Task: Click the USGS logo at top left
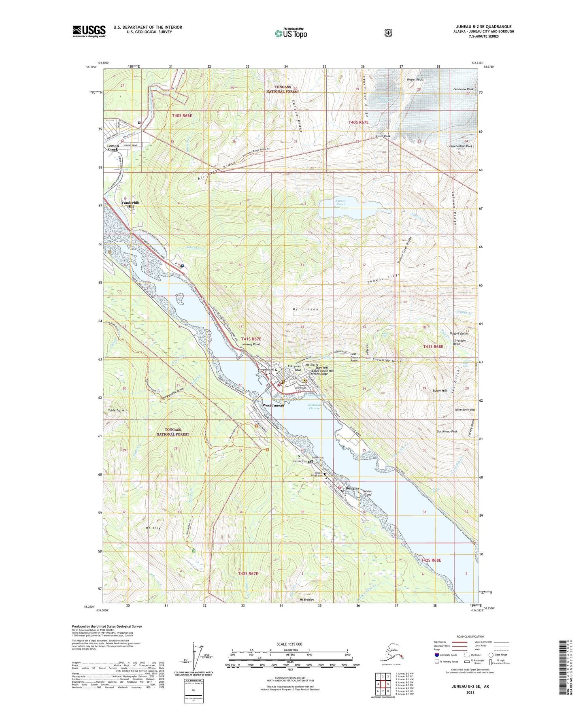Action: click(x=89, y=31)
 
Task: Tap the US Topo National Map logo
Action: click(x=291, y=33)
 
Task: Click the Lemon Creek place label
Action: click(x=113, y=147)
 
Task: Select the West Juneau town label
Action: click(x=273, y=405)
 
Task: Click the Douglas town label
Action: click(x=352, y=488)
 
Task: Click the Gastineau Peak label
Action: click(x=447, y=432)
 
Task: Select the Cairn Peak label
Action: click(x=383, y=136)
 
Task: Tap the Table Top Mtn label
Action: click(x=118, y=411)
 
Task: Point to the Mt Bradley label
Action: click(x=306, y=600)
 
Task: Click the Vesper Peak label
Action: click(x=415, y=80)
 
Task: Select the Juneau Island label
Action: click(x=367, y=493)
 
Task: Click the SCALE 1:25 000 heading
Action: click(x=289, y=644)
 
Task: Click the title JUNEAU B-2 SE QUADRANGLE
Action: click(x=483, y=27)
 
